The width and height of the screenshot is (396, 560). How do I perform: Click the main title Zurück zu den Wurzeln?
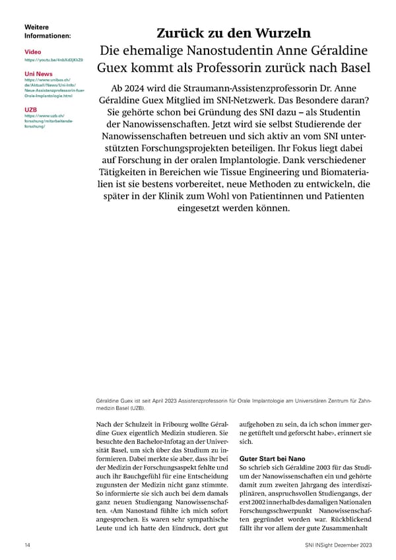[x=233, y=33]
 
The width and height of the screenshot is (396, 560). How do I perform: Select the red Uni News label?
[x=38, y=73]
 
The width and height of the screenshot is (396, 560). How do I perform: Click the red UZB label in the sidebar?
[x=30, y=109]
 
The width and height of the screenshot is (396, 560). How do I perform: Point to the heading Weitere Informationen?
[x=47, y=30]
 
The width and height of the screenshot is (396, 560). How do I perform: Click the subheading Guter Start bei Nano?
[x=271, y=457]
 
